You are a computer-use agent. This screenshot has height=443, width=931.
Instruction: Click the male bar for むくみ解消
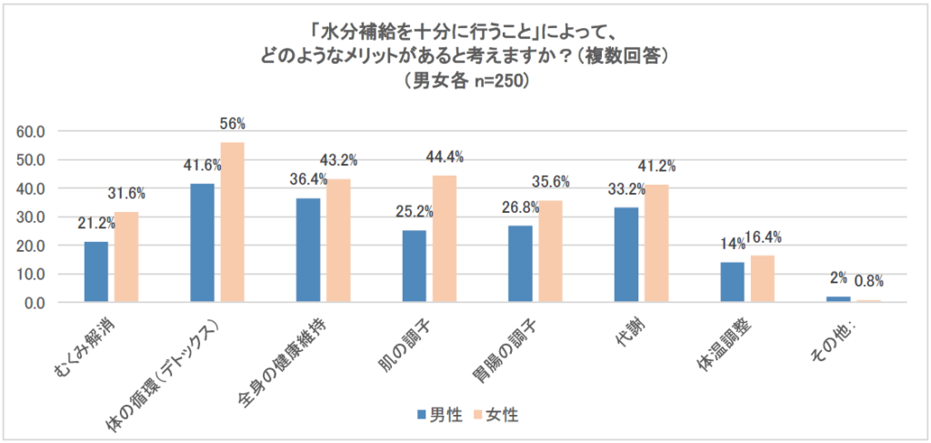[x=96, y=272]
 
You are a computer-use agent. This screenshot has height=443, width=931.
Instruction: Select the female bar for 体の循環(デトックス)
[x=232, y=222]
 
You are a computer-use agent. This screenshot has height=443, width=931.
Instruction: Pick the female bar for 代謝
[x=656, y=243]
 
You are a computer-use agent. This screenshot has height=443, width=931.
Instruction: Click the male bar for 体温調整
[x=732, y=282]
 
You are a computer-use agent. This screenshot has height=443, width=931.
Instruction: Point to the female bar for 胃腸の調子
[x=550, y=251]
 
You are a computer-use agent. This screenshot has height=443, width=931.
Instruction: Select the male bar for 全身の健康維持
[x=308, y=250]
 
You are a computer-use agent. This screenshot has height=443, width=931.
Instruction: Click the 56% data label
[x=233, y=124]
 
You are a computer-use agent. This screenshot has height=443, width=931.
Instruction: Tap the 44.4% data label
[x=445, y=157]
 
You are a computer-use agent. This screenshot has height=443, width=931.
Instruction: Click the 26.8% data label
[x=520, y=207]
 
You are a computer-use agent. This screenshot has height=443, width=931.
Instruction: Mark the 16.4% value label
[x=762, y=237]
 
